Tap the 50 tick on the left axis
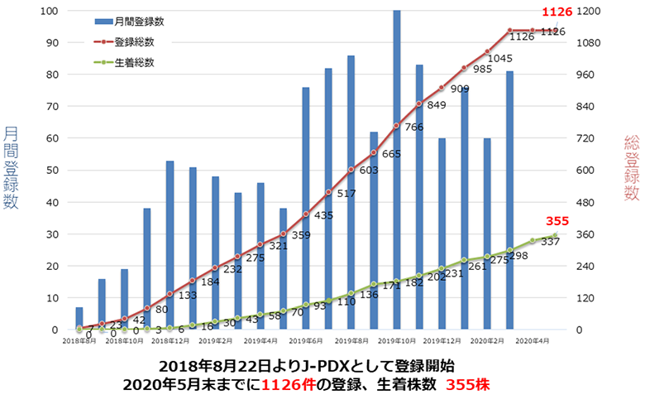50,171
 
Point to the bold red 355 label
556,222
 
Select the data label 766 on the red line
414,127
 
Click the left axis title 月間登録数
11,169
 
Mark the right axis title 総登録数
632,169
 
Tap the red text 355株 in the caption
469,384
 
